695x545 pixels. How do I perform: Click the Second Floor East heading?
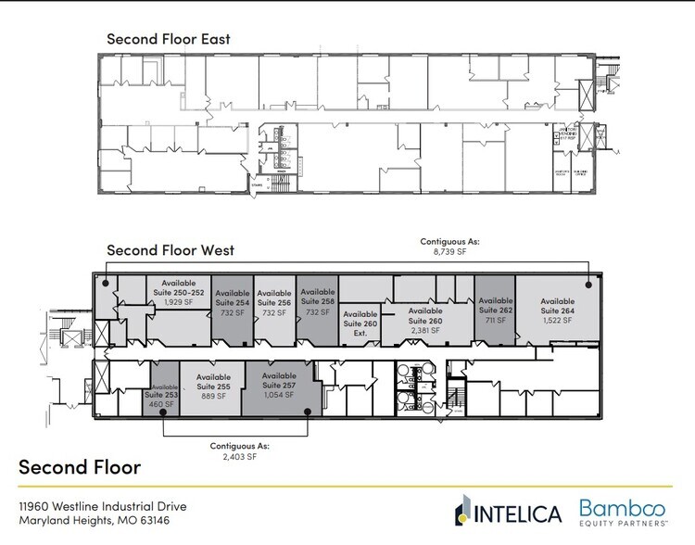(x=168, y=39)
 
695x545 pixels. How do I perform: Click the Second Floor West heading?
(x=170, y=250)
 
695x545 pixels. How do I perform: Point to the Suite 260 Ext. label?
(x=360, y=324)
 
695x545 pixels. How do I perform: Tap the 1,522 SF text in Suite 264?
(x=558, y=320)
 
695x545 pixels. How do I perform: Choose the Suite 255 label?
(x=214, y=386)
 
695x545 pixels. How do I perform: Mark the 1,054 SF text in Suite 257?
(x=279, y=395)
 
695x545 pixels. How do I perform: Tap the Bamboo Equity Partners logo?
(x=631, y=511)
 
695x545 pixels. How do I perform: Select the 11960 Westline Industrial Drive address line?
(x=103, y=506)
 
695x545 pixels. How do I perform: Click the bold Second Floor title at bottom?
(x=80, y=466)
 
